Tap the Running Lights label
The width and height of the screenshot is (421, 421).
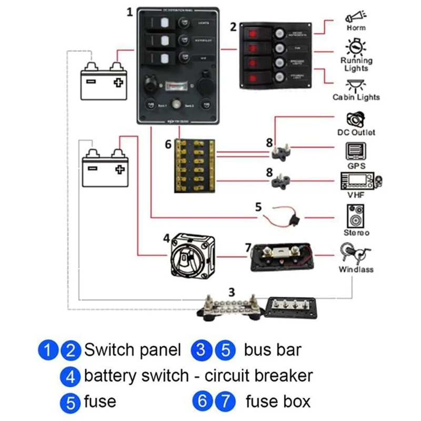[x=356, y=64]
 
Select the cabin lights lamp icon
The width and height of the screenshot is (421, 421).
[x=356, y=85]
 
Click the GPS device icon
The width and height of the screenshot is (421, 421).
[x=356, y=152]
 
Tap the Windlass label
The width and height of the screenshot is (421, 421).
[x=356, y=269]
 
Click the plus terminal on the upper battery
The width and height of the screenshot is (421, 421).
[x=118, y=82]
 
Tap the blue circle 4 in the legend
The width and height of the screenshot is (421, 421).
[x=71, y=376]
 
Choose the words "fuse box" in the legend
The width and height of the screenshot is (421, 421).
[x=278, y=402]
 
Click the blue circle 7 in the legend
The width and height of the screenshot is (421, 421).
[x=226, y=403]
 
